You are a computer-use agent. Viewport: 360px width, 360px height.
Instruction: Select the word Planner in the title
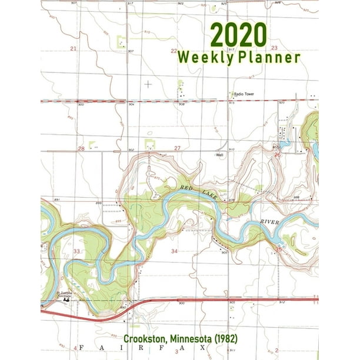(x=269, y=58)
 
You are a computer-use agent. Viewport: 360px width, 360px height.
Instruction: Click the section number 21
(x=74, y=48)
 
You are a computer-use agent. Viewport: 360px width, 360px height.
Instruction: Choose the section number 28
(x=81, y=149)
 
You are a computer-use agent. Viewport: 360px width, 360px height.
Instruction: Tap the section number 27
(x=177, y=148)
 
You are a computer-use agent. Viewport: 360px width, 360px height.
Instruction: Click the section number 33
(x=76, y=251)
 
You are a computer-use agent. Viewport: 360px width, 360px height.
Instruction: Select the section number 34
(x=174, y=251)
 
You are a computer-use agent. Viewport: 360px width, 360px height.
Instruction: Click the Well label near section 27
(x=220, y=156)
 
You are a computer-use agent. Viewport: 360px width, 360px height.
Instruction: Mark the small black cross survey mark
(x=148, y=84)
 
